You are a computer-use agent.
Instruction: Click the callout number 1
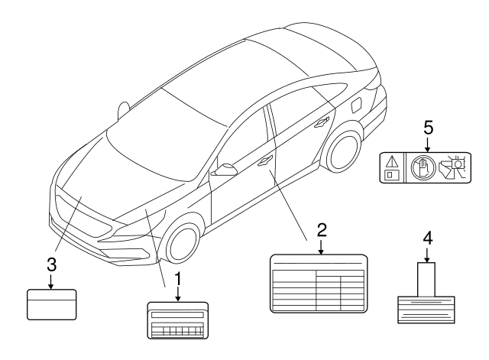click(178, 278)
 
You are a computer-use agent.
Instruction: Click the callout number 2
click(322, 230)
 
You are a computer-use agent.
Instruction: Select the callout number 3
click(52, 264)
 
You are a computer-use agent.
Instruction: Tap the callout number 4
click(428, 238)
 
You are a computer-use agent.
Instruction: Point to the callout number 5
click(428, 128)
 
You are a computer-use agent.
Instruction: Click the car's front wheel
click(183, 242)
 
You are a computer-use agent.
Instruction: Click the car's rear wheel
click(344, 152)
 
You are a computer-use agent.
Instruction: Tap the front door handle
click(265, 161)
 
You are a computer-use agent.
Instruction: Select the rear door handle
click(322, 122)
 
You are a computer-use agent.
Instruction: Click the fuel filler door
click(357, 105)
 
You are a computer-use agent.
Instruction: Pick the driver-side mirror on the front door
click(225, 170)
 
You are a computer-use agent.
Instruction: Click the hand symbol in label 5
click(423, 167)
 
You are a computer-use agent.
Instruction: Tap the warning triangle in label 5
click(392, 162)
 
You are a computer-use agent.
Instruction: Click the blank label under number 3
click(52, 304)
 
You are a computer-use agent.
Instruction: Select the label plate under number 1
click(178, 320)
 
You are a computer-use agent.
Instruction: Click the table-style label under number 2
click(319, 284)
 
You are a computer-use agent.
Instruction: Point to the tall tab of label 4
click(426, 280)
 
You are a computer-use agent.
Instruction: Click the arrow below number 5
click(428, 144)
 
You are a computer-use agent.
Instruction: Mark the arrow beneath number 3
click(51, 281)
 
